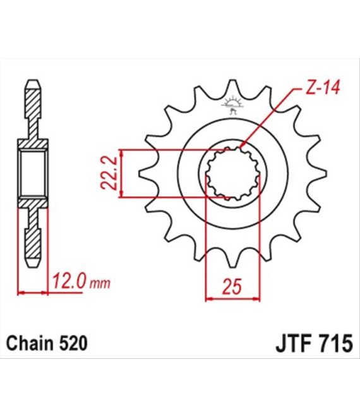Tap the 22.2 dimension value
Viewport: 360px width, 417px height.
point(109,173)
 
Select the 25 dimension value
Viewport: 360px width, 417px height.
point(232,287)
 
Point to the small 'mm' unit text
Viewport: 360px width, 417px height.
point(100,284)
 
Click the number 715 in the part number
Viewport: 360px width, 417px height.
point(336,344)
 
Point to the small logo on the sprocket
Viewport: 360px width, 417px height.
point(232,104)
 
